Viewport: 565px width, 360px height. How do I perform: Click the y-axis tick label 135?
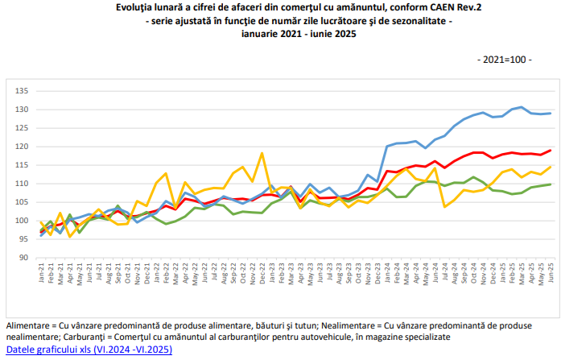pos(21,91)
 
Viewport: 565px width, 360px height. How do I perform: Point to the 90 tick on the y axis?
pos(23,258)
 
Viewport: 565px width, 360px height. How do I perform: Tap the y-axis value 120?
pos(21,147)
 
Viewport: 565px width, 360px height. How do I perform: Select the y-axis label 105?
pos(21,202)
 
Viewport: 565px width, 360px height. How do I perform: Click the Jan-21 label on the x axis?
pos(41,273)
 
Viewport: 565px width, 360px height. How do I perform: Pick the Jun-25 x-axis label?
pos(551,273)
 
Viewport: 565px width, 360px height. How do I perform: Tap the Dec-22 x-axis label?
pos(262,274)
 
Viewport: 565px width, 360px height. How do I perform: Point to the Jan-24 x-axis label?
pos(387,273)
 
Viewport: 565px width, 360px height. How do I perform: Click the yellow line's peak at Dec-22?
pos(262,153)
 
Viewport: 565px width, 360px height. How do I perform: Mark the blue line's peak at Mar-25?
pos(522,107)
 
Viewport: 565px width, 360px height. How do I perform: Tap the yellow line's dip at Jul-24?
pos(444,207)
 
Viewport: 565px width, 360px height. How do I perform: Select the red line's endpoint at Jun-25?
pos(551,151)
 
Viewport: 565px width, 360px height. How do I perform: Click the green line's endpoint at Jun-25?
pos(551,184)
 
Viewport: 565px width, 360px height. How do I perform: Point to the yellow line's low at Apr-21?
pos(70,237)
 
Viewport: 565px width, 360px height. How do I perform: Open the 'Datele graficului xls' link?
pos(89,350)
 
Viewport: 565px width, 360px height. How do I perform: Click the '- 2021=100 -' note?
pos(505,60)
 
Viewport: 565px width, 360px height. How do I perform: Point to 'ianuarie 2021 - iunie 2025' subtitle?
pos(299,34)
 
